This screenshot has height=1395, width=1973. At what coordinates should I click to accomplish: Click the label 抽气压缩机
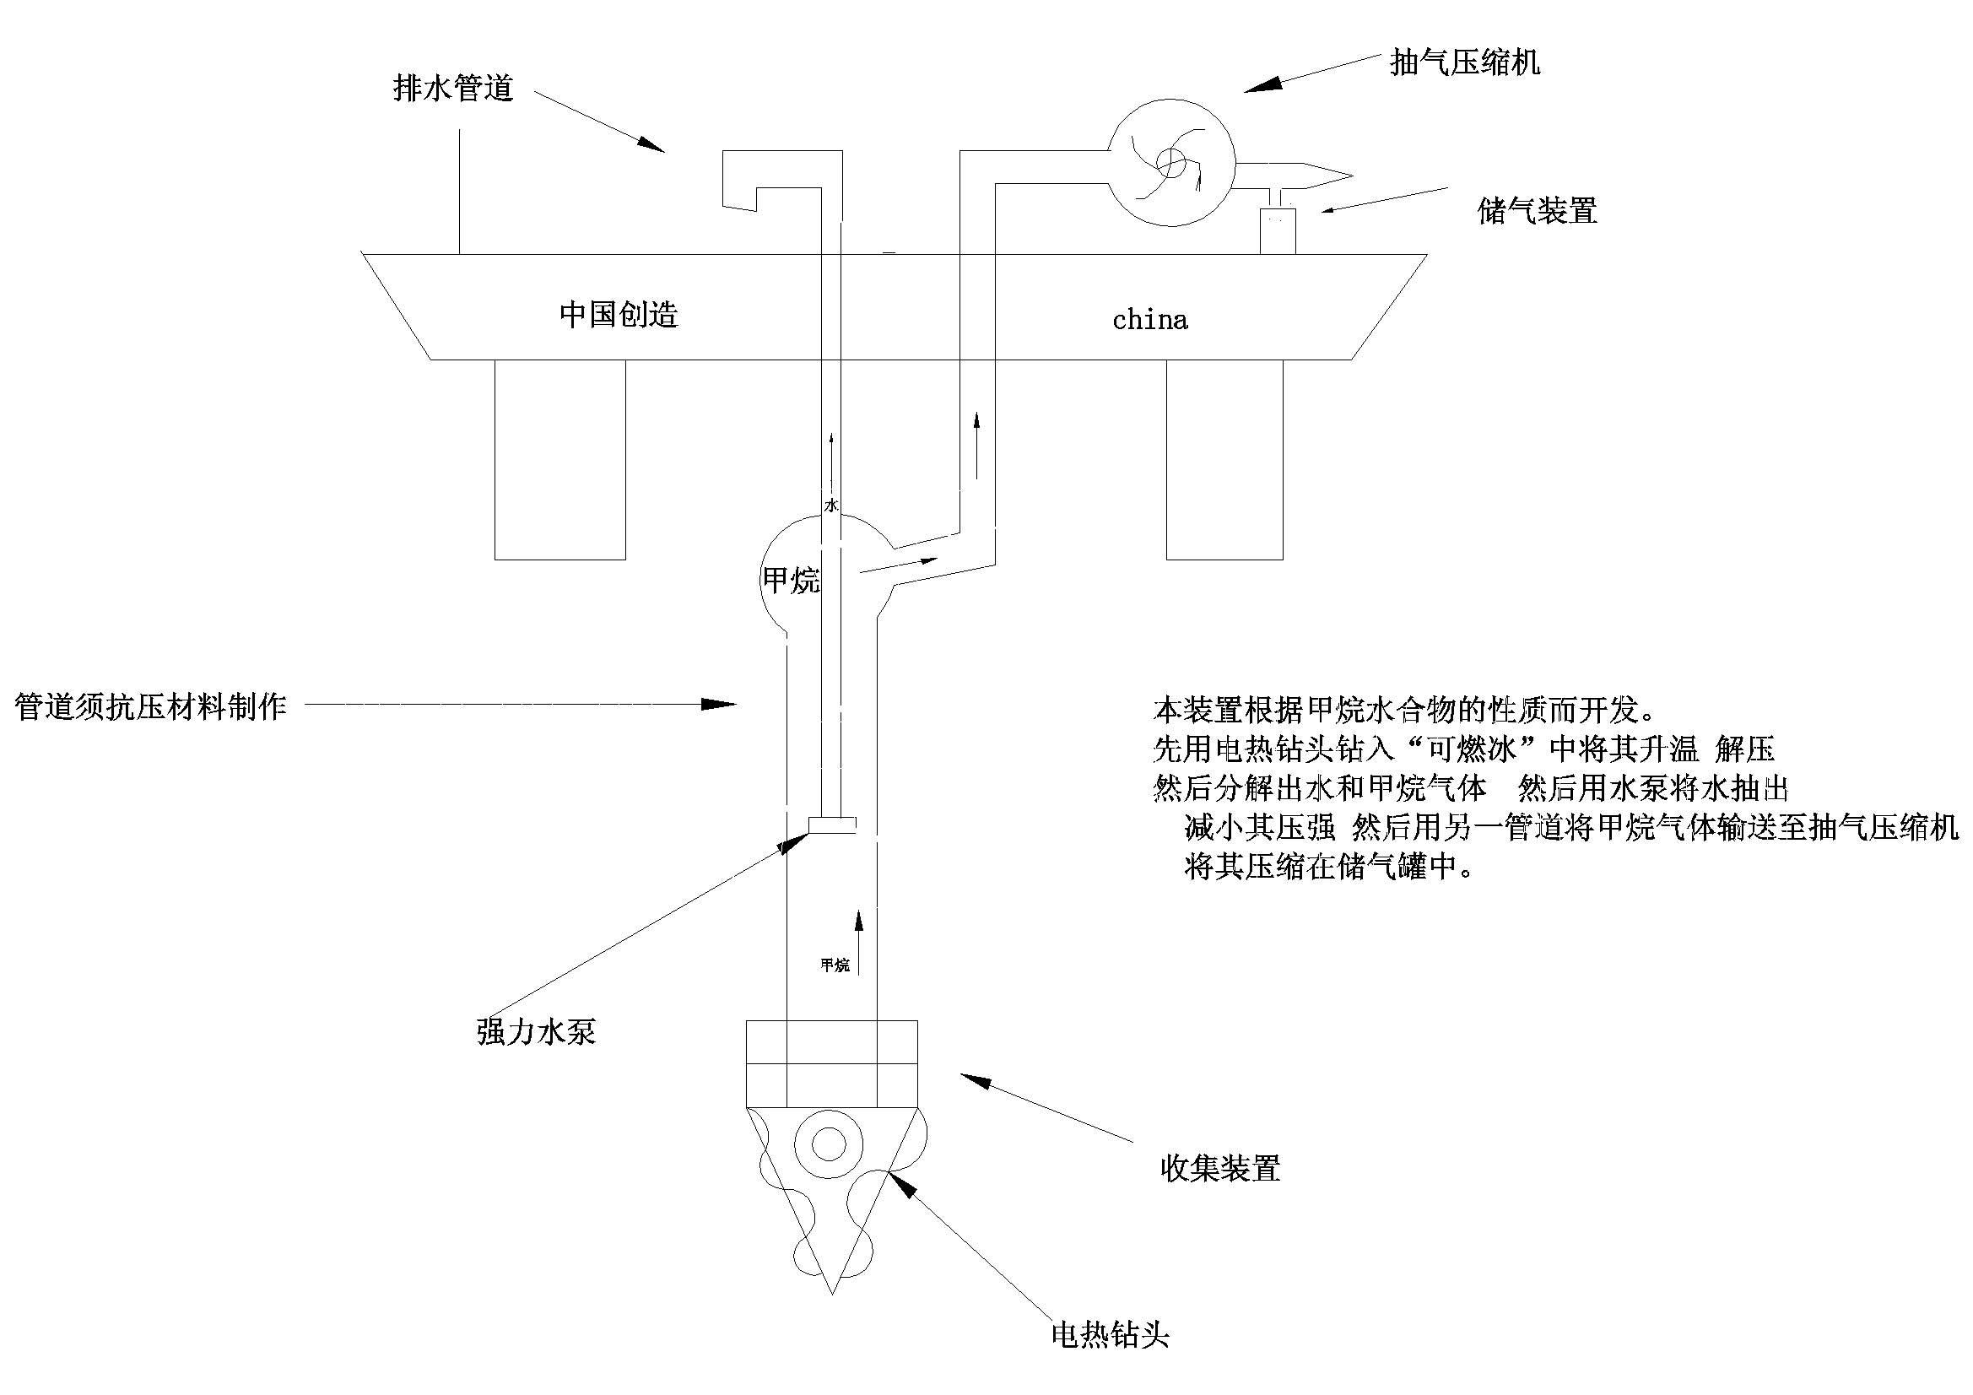pos(1464,62)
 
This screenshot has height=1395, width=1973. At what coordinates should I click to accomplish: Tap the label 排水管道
pos(453,89)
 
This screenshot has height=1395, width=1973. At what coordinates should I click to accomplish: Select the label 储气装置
pos(1537,212)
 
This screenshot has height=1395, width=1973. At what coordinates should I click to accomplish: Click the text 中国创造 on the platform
pos(619,315)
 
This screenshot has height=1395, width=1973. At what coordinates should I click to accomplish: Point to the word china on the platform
pos(1149,321)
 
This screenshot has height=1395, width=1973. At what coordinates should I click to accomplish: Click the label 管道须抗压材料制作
pos(151,706)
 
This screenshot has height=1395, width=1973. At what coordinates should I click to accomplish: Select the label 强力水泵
pos(535,1031)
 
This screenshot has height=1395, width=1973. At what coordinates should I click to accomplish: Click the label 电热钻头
pos(1110,1335)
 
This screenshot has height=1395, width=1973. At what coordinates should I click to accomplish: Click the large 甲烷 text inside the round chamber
pos(792,580)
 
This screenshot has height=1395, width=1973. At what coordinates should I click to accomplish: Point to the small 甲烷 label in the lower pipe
pos(835,965)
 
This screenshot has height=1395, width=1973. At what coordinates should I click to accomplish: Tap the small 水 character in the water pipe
pos(831,506)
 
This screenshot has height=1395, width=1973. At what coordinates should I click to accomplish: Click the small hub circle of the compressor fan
pos(1170,161)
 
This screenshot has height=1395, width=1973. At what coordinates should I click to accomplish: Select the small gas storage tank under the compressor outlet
pos(1278,230)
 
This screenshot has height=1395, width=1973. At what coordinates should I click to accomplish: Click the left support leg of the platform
pos(559,460)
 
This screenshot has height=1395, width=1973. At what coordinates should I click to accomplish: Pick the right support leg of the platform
pos(1224,460)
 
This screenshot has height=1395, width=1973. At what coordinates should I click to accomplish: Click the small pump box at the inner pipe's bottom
pos(831,825)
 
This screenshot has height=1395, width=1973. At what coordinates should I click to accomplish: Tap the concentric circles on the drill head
pos(829,1144)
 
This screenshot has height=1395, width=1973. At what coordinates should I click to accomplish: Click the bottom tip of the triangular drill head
pos(832,1290)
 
